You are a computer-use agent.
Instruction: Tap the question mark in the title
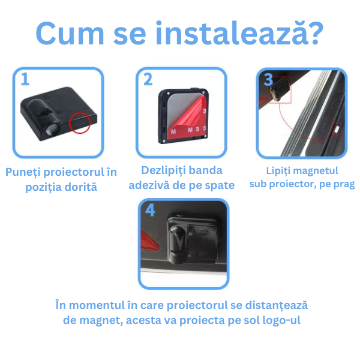[315, 33]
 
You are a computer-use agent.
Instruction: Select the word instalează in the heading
[230, 32]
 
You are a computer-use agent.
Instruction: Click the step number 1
[25, 79]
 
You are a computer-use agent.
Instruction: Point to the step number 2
[148, 79]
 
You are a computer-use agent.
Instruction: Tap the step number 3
[268, 79]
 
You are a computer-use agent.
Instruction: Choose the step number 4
[150, 210]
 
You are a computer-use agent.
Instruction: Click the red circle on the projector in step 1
[80, 123]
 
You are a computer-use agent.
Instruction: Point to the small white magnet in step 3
[337, 129]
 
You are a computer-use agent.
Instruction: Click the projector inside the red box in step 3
[279, 89]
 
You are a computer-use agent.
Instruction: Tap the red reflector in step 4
[149, 242]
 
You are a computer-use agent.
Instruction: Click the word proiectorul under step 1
[74, 172]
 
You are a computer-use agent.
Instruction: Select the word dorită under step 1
[81, 187]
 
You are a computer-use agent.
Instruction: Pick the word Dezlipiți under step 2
[164, 171]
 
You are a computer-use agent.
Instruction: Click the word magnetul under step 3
[316, 170]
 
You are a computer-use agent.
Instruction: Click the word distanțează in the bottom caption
[277, 305]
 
